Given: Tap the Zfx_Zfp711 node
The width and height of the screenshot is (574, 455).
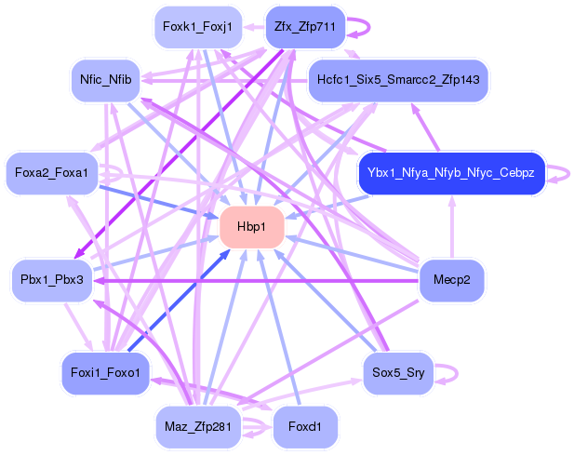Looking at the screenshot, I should tap(304, 26).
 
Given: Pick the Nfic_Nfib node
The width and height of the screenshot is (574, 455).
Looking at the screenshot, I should tap(105, 80).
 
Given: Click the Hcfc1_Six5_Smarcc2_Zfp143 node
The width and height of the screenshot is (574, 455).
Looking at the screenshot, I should tap(398, 80).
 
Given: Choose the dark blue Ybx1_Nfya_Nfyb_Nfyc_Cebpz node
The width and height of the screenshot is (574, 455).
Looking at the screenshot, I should tap(450, 173).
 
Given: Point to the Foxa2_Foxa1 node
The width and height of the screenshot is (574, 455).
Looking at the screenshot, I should tap(51, 173).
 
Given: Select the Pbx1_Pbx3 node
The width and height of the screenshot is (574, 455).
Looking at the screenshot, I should tap(51, 279).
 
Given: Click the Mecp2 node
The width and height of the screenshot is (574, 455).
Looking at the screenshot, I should tap(452, 279).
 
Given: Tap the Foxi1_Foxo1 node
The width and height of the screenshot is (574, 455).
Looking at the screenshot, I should tap(104, 373).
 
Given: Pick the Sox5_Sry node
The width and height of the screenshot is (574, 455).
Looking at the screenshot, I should tap(397, 373).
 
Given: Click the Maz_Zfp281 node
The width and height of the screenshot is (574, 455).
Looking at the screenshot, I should tap(197, 427).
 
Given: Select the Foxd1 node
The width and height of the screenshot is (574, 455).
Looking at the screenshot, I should tap(304, 427).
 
